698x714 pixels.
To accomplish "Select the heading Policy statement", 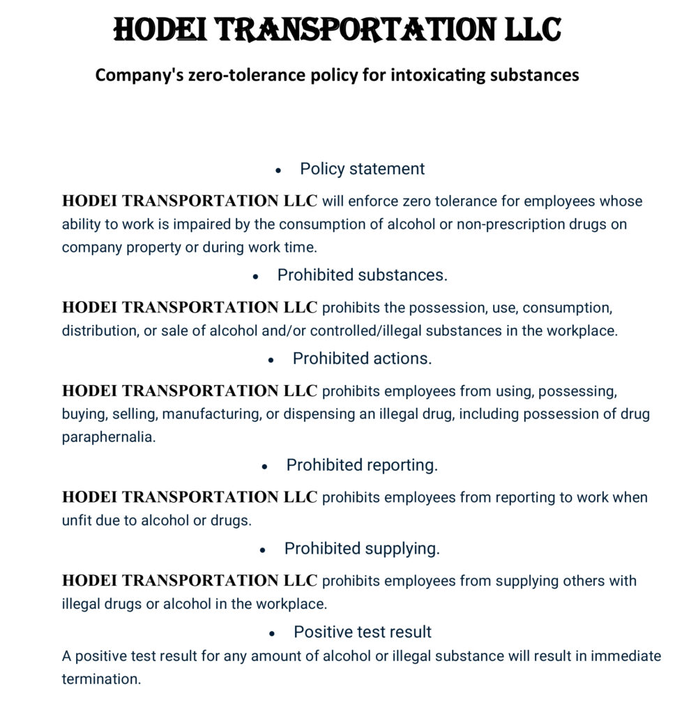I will [362, 169].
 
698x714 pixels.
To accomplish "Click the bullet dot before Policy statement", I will [278, 170].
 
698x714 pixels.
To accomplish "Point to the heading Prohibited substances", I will [362, 275].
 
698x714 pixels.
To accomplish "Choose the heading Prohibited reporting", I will [362, 465].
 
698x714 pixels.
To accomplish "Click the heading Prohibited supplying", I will [362, 549].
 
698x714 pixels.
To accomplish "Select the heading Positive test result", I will [362, 632].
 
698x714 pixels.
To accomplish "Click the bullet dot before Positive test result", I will [272, 633].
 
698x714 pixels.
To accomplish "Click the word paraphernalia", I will [109, 437].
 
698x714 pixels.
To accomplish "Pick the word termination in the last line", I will [101, 678].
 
